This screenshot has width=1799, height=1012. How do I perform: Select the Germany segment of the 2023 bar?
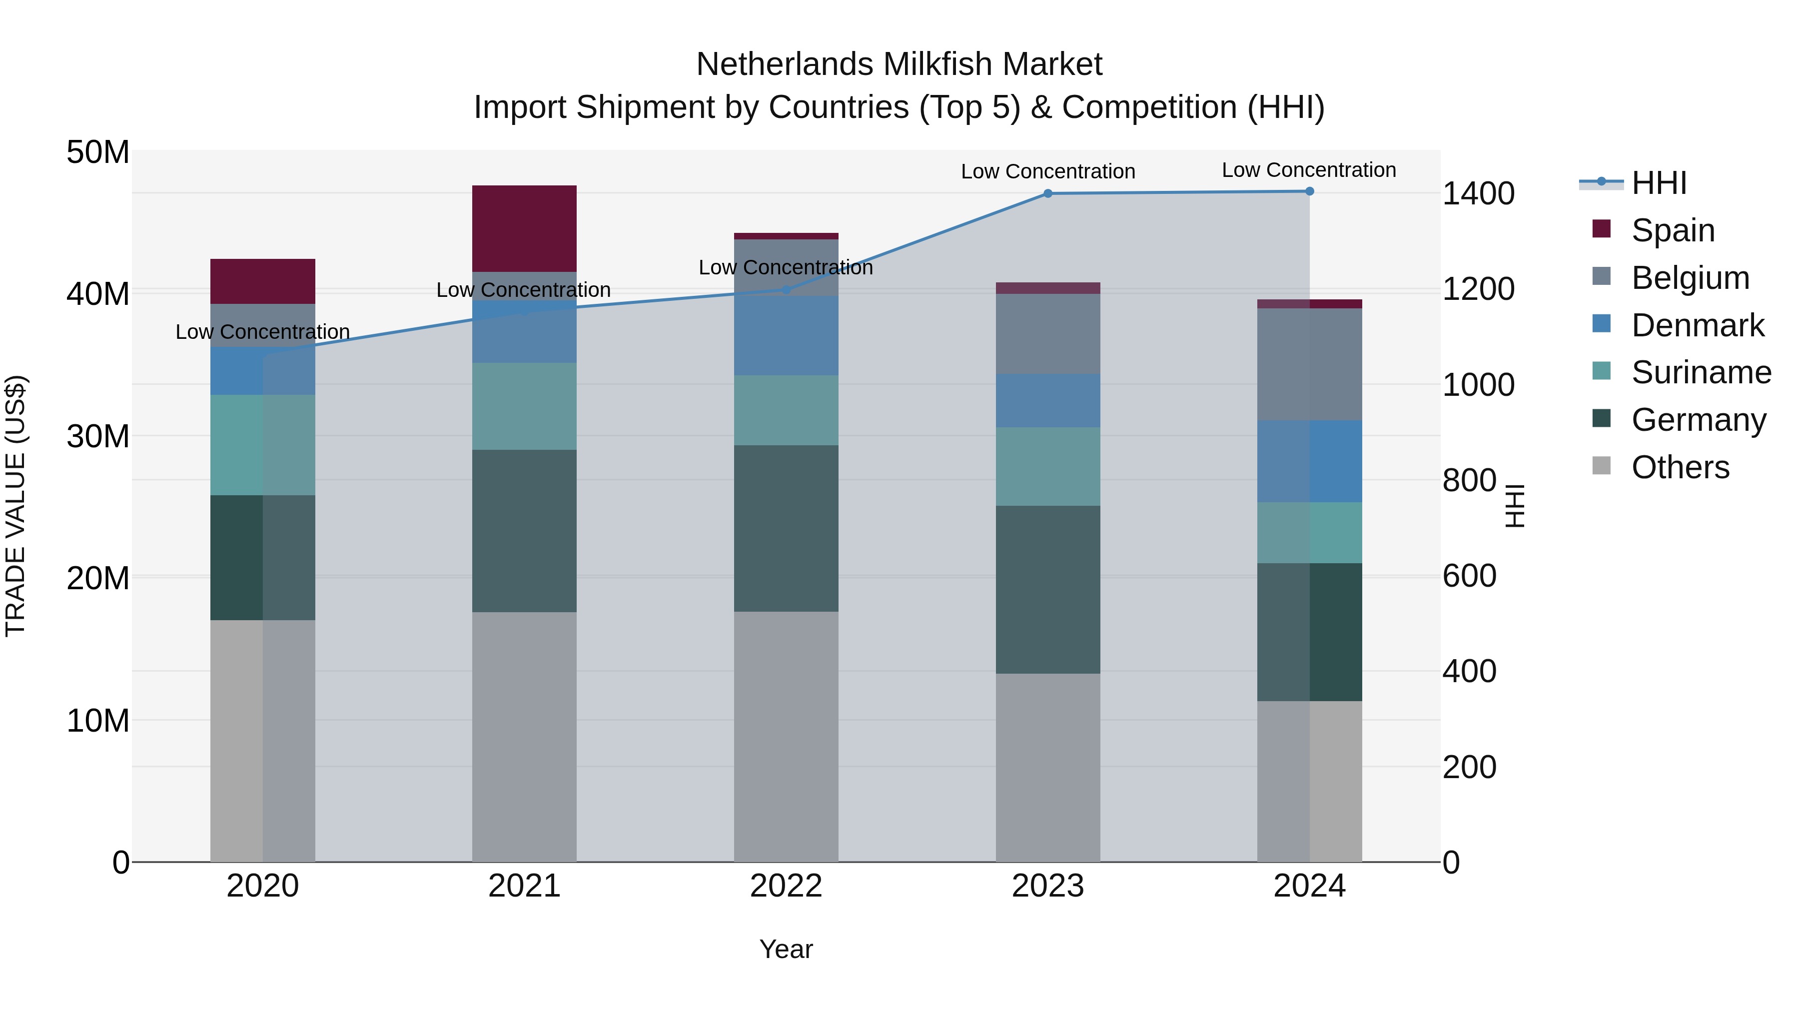point(1047,590)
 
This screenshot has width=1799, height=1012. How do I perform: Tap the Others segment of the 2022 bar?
point(786,736)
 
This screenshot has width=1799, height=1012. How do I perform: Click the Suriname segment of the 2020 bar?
point(262,445)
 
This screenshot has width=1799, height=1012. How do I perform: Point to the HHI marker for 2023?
point(1047,193)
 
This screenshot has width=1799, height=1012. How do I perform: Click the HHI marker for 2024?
point(1309,191)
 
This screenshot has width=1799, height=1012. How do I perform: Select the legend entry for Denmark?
point(1697,325)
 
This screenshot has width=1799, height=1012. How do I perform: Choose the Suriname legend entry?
point(1701,372)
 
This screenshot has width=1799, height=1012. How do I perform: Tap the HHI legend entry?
point(1659,183)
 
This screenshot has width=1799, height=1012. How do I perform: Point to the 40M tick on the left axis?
point(98,294)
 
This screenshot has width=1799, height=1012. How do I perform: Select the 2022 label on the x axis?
point(786,886)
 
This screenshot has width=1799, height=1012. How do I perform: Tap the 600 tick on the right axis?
point(1469,576)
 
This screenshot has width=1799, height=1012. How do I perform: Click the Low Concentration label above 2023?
point(1047,172)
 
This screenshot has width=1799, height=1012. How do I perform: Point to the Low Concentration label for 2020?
point(262,332)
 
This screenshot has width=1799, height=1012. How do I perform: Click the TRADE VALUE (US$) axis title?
point(15,506)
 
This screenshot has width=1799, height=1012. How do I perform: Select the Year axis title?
point(786,949)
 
